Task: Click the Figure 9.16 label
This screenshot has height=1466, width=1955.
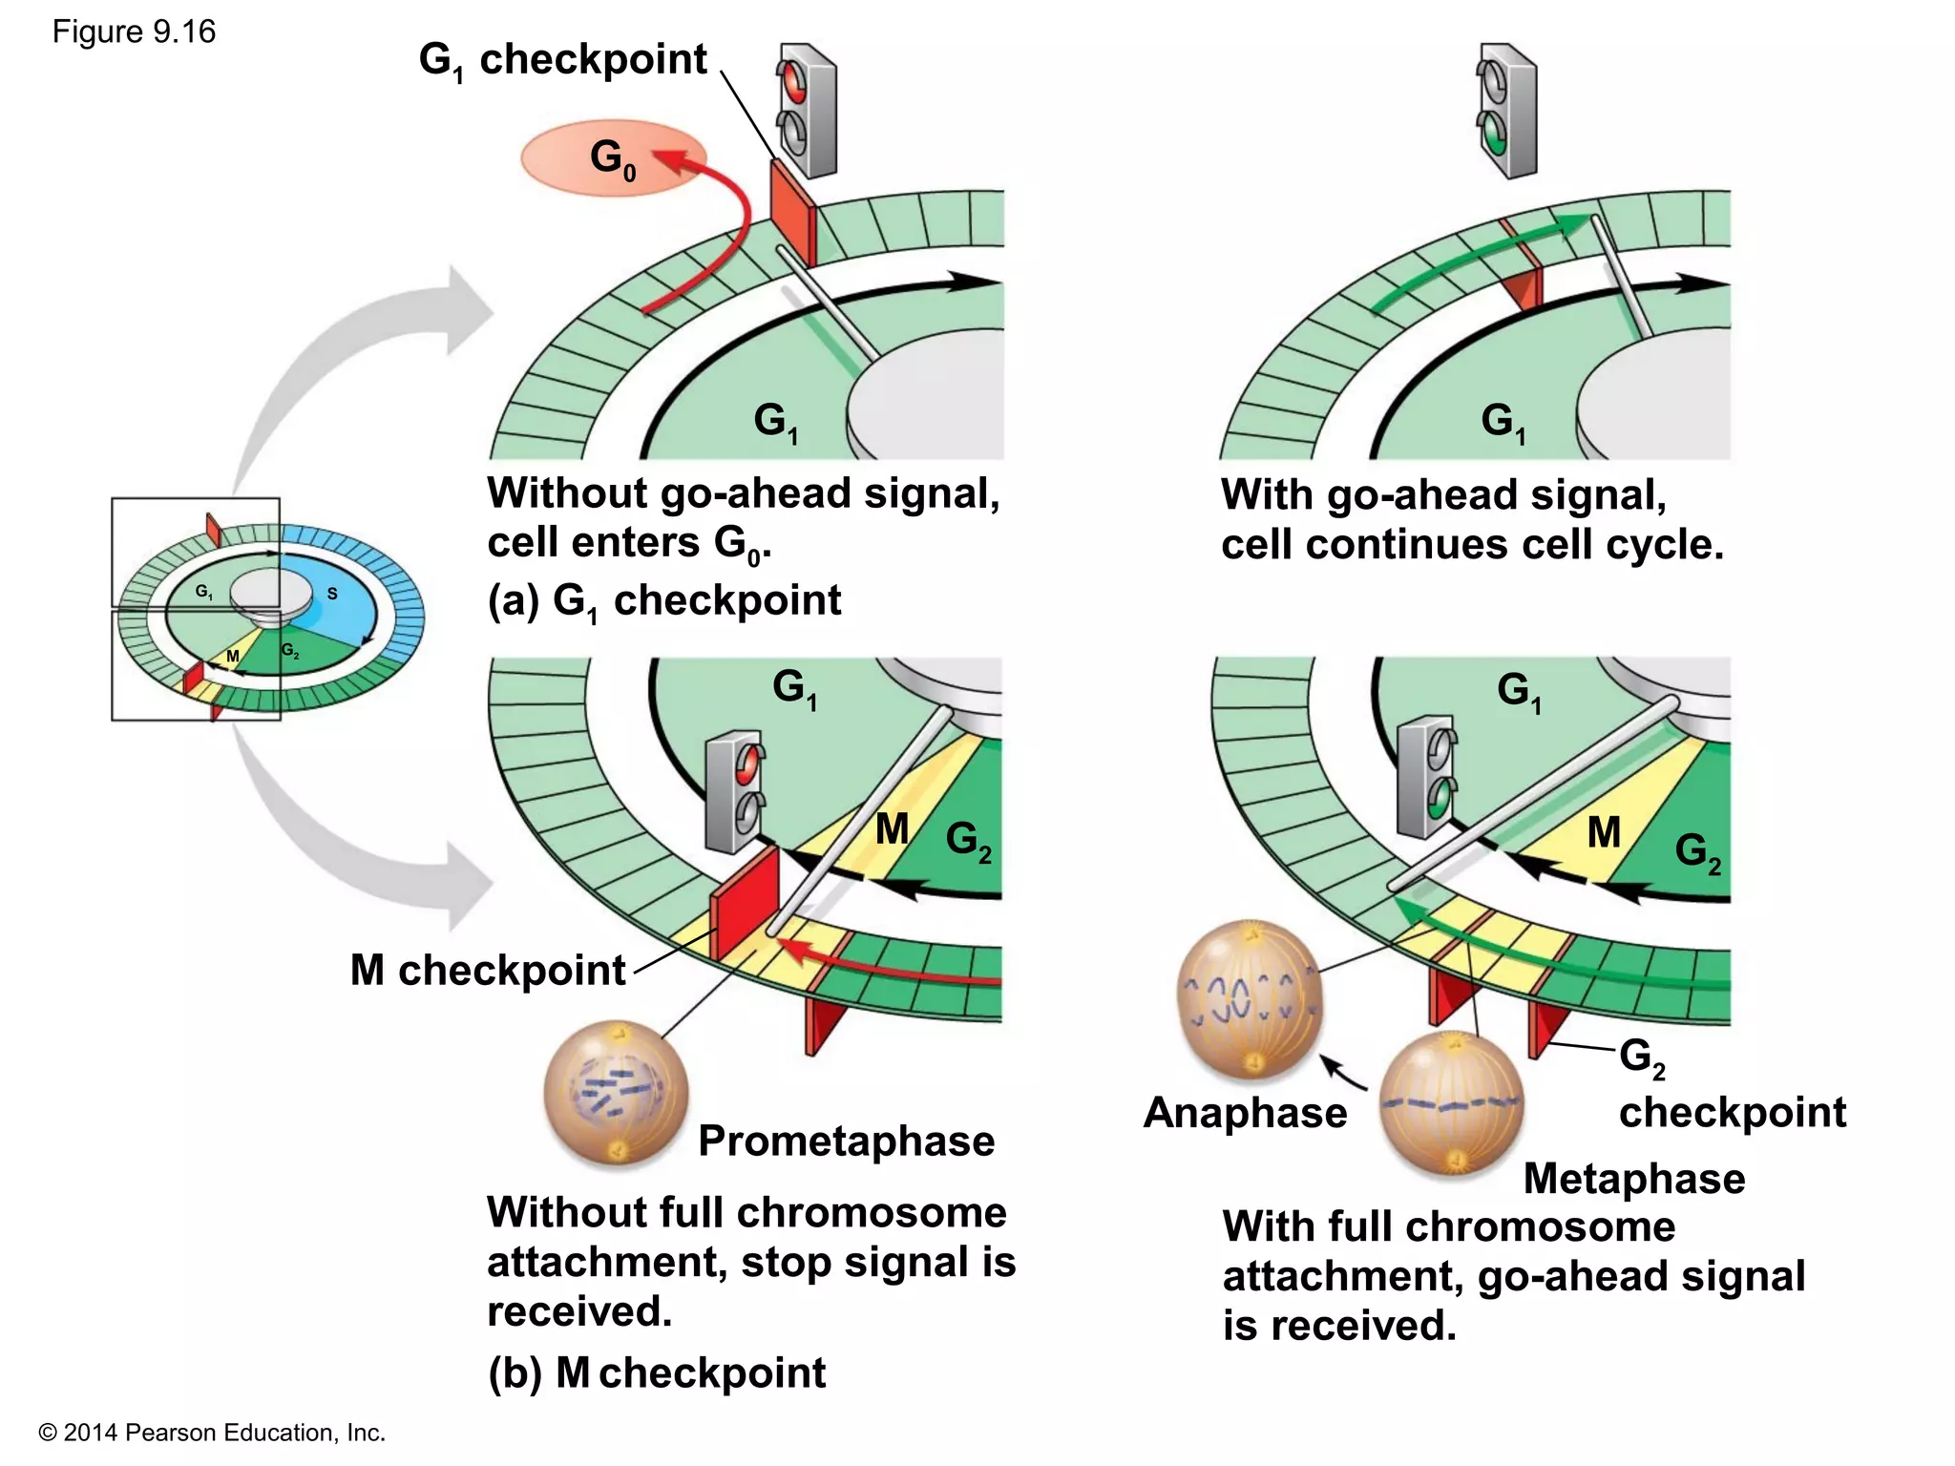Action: (x=134, y=32)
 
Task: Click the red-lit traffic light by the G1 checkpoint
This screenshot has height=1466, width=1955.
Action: (x=807, y=110)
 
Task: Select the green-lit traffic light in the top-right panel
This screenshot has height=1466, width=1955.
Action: (x=1506, y=110)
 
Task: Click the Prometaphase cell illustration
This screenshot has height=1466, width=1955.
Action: (x=616, y=1093)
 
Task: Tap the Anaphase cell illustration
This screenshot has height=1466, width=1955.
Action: (x=1250, y=997)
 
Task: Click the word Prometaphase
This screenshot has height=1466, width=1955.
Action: (x=846, y=1141)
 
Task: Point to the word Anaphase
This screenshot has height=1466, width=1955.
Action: (x=1245, y=1113)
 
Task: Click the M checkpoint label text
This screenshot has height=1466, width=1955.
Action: (x=488, y=971)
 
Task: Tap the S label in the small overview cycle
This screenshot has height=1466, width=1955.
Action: (x=332, y=594)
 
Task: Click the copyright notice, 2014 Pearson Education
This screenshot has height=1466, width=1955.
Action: (x=212, y=1433)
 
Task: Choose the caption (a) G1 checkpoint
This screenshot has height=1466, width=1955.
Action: (x=664, y=601)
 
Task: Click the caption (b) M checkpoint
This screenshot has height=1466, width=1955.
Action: (x=657, y=1373)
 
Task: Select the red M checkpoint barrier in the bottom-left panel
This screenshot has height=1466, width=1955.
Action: (x=745, y=902)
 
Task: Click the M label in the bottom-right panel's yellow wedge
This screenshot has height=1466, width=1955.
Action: (x=1604, y=832)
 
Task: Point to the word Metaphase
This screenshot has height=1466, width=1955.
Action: (x=1634, y=1179)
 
